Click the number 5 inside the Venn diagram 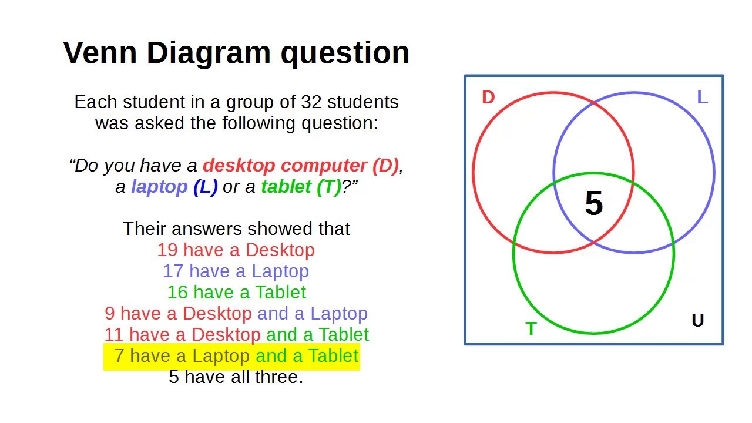click(x=594, y=203)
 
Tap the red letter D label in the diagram click(x=488, y=98)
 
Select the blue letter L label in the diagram click(x=703, y=98)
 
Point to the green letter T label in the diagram click(x=531, y=328)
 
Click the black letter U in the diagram click(x=698, y=320)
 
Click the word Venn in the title click(x=100, y=53)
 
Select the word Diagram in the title click(x=209, y=53)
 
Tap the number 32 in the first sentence click(x=311, y=102)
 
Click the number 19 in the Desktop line click(x=167, y=250)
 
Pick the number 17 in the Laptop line click(x=173, y=271)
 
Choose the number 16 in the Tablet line click(x=177, y=293)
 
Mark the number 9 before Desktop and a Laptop click(x=110, y=314)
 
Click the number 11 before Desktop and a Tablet click(x=114, y=335)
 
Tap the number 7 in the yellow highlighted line click(x=119, y=356)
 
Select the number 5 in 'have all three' click(x=173, y=377)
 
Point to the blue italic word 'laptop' click(x=159, y=187)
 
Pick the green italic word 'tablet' click(x=286, y=187)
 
